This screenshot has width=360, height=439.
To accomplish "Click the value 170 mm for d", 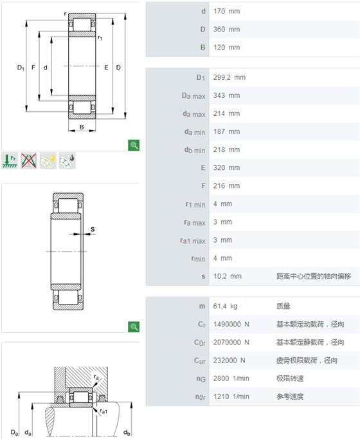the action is tap(226, 11).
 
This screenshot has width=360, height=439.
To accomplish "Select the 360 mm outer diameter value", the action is tap(226, 29).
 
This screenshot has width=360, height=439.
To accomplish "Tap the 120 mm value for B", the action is tap(226, 48).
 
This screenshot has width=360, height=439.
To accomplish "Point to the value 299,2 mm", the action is tap(230, 77).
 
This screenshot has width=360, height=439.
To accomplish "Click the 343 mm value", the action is tap(226, 95).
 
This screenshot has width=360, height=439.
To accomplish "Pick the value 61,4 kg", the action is tap(225, 306).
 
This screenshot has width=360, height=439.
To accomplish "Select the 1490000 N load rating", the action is tap(231, 324).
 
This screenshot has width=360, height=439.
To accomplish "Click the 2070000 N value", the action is tap(231, 342).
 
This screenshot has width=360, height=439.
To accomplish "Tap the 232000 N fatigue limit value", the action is tap(230, 360).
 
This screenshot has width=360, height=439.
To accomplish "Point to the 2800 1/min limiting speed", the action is tap(231, 378).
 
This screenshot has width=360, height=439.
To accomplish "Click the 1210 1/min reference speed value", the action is tap(231, 397).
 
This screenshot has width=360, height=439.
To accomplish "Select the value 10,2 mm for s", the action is tap(227, 276).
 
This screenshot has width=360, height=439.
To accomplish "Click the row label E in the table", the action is tap(203, 168).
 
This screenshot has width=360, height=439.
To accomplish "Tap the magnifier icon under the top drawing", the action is tap(134, 145).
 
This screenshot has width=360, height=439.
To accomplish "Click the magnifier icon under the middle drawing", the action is tap(134, 327).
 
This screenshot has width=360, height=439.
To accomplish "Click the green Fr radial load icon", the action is tap(10, 160).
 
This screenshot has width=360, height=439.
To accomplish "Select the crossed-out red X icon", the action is tap(29, 160).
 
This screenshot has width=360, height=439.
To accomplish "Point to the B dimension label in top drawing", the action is tap(82, 127).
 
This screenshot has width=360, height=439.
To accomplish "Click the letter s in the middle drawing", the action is tap(93, 229).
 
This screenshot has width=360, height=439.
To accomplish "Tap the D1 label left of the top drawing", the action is tap(21, 68).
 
